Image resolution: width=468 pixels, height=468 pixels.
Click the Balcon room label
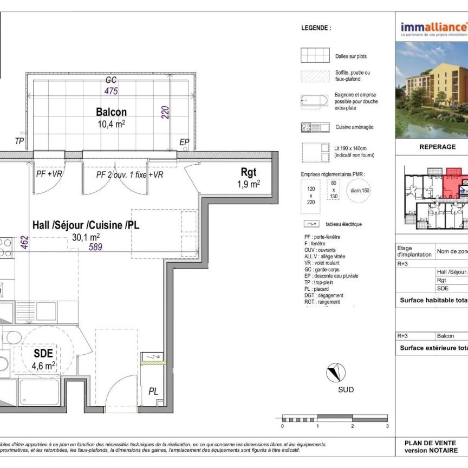click(x=111, y=112)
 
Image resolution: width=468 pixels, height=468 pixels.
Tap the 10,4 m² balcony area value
click(x=111, y=123)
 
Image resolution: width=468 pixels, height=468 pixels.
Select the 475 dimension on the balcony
click(x=112, y=91)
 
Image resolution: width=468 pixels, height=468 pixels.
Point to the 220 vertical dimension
click(x=166, y=112)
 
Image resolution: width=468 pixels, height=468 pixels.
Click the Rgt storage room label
click(x=249, y=173)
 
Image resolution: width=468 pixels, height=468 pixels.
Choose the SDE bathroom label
click(x=43, y=353)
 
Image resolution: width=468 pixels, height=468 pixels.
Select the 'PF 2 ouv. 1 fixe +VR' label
click(x=129, y=175)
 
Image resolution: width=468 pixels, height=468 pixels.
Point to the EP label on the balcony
click(x=184, y=142)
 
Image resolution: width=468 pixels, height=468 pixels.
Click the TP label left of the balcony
click(x=19, y=142)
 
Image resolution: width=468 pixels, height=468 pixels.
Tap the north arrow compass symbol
click(x=335, y=374)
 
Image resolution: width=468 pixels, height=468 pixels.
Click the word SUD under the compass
click(x=346, y=389)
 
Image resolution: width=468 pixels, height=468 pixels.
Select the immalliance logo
click(x=433, y=28)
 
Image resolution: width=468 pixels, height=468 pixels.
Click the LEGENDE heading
click(x=315, y=28)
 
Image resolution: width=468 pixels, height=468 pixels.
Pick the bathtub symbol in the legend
click(x=315, y=100)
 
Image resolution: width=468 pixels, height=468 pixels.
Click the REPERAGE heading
click(x=437, y=147)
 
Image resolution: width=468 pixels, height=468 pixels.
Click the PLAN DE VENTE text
click(x=431, y=443)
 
